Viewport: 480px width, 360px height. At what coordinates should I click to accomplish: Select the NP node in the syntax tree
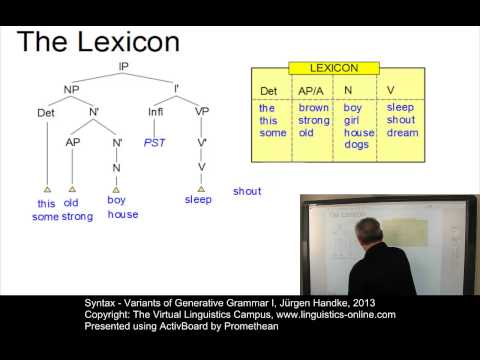[x=72, y=89]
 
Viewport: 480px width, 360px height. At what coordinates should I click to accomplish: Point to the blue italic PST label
[x=154, y=143]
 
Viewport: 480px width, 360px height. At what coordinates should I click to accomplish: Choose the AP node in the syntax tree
[x=73, y=141]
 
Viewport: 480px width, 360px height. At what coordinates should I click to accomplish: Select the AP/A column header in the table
[x=312, y=89]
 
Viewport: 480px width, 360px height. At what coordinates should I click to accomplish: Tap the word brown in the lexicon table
[x=314, y=107]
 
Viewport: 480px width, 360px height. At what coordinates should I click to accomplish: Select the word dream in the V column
[x=402, y=133]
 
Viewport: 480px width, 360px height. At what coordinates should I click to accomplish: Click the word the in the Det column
[x=266, y=107]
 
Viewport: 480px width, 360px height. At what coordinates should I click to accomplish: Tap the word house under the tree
[x=122, y=214]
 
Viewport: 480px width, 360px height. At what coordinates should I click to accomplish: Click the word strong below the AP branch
[x=77, y=216]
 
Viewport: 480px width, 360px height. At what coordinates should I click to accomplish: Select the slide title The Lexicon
[x=98, y=41]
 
